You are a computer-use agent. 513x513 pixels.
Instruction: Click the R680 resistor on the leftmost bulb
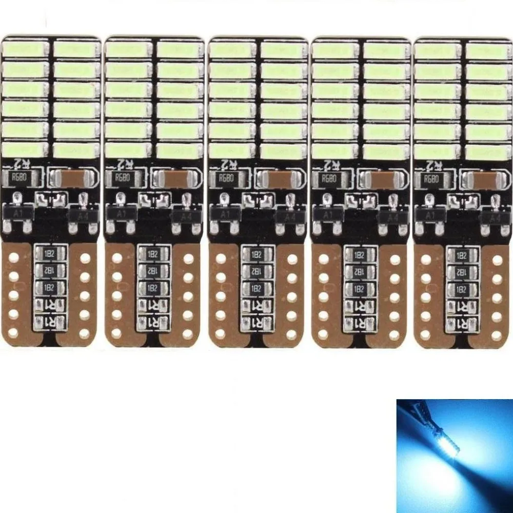coord(18,179)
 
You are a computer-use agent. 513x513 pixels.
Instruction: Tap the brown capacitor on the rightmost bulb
coord(481,180)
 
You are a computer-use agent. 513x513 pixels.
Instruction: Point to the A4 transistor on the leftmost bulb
coord(81,216)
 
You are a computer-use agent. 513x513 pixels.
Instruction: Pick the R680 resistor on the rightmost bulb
coord(430,179)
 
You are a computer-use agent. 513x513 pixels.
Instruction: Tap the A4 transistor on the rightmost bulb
coord(494,216)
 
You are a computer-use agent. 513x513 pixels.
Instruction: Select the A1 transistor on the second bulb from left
coord(119,214)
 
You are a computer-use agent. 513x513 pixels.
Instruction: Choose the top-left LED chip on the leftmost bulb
coord(25,50)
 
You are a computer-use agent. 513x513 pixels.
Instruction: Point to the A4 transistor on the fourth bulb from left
coord(391,216)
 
